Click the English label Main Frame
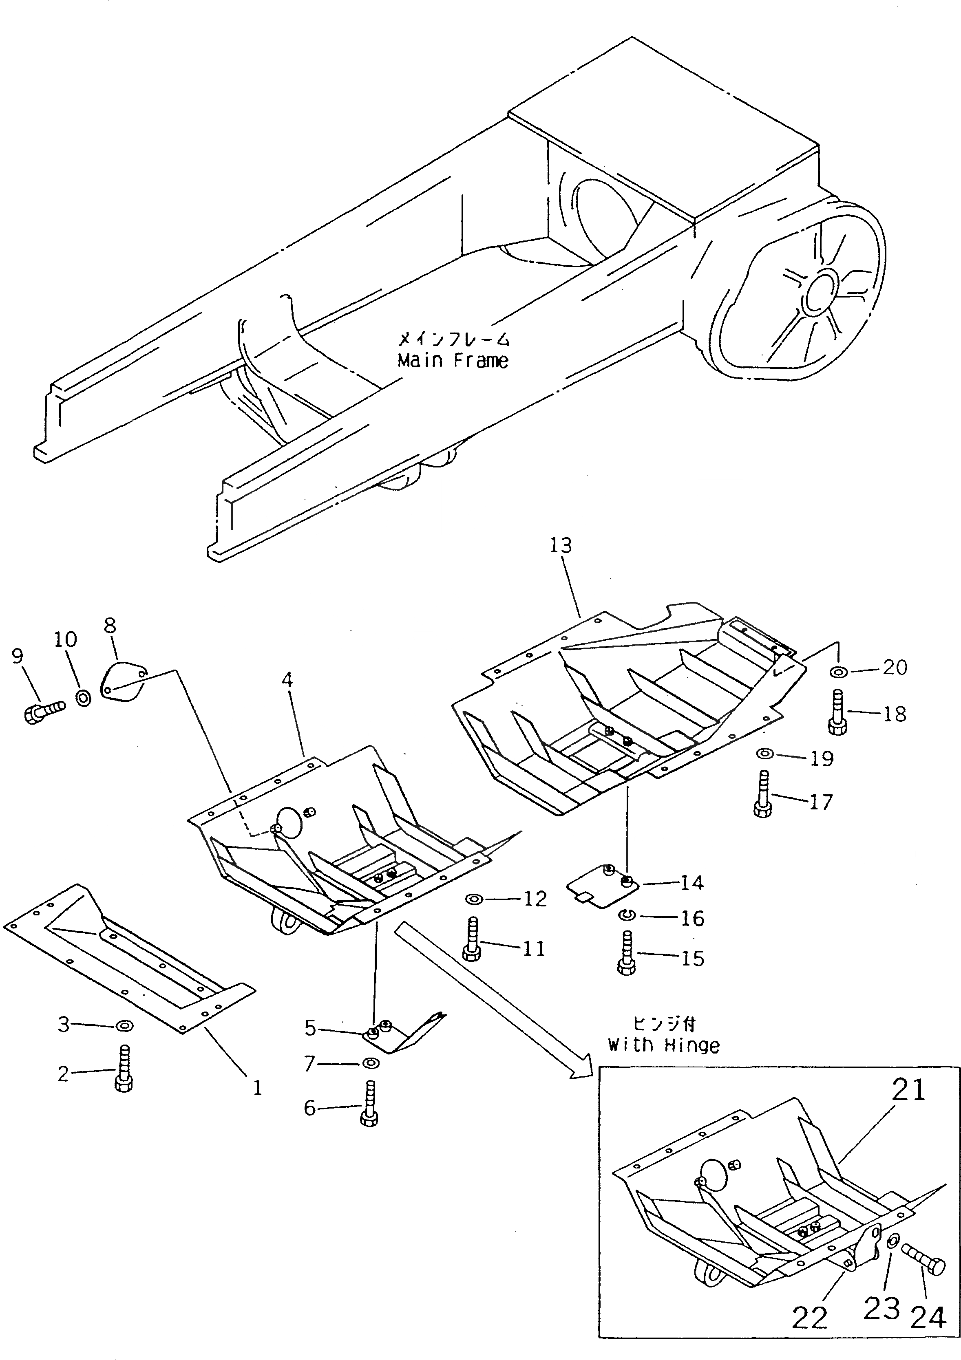click(x=453, y=361)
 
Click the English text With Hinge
click(x=664, y=1045)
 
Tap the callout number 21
click(x=908, y=1089)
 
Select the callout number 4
click(x=287, y=680)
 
